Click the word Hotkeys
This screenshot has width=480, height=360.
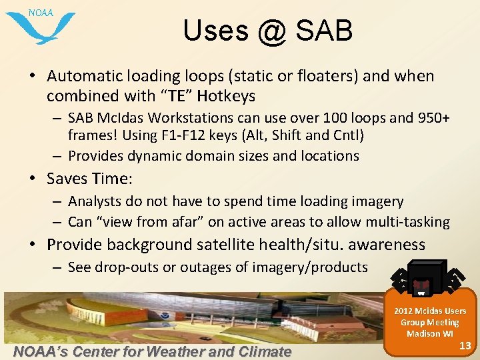pos(226,96)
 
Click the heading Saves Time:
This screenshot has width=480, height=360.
pos(90,179)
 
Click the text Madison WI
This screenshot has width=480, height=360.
pos(429,333)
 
